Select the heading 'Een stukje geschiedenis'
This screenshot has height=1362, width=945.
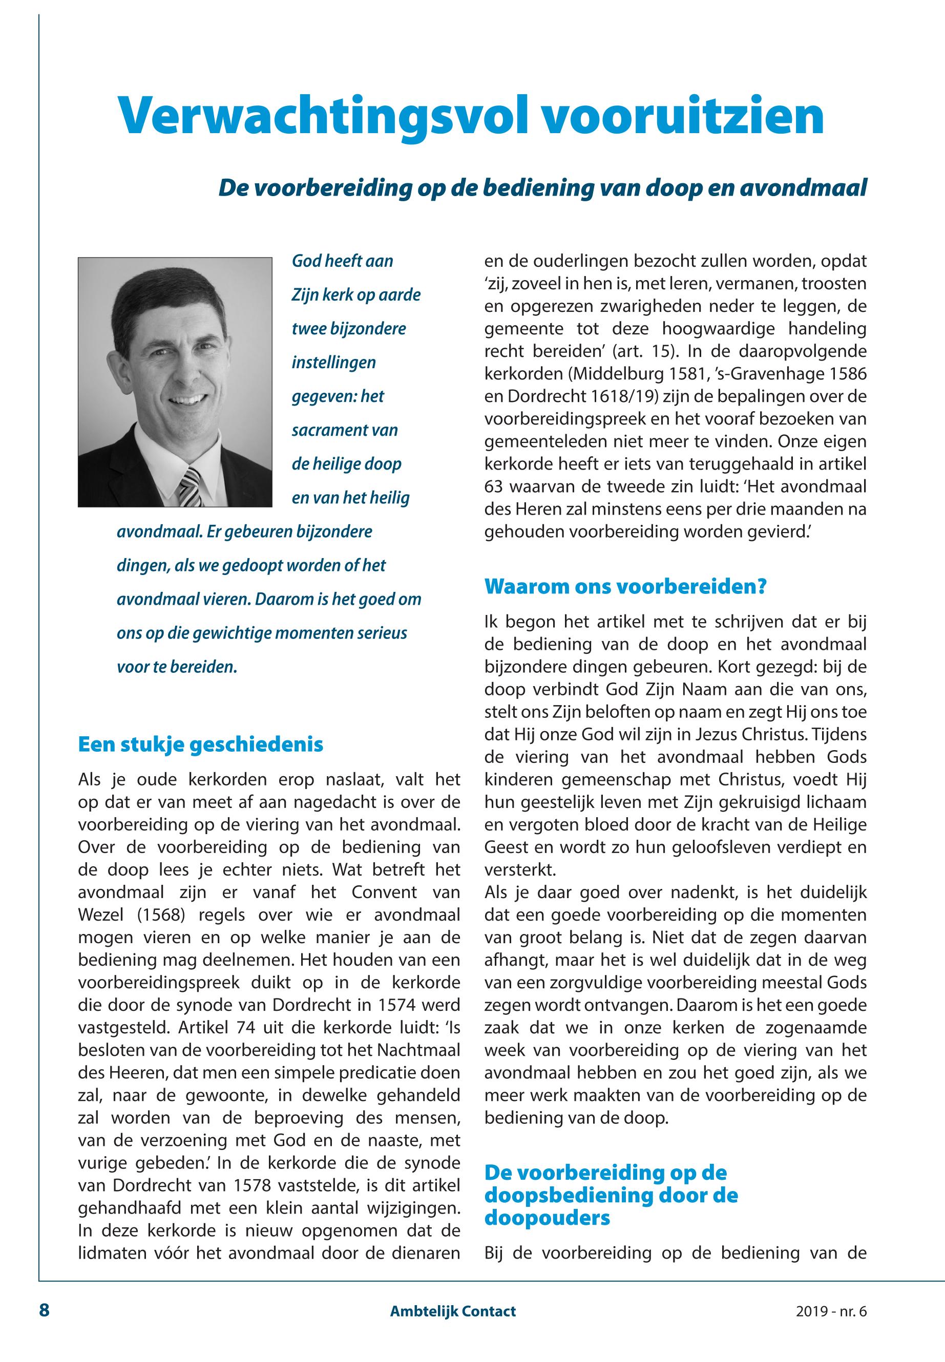tap(201, 744)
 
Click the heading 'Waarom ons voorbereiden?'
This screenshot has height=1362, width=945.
tap(625, 587)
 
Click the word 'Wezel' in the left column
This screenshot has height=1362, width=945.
tap(101, 914)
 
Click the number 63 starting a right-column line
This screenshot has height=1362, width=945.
tap(494, 486)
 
